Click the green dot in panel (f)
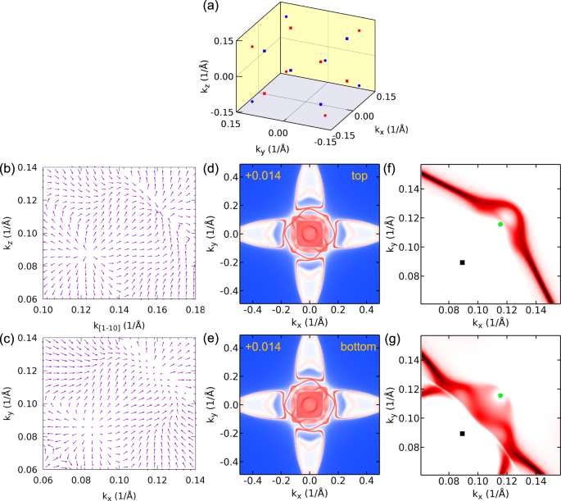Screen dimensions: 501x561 (500, 224)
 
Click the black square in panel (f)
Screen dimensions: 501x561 (463, 262)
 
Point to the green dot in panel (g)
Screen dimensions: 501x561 (500, 395)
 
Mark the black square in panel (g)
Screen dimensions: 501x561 (463, 434)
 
